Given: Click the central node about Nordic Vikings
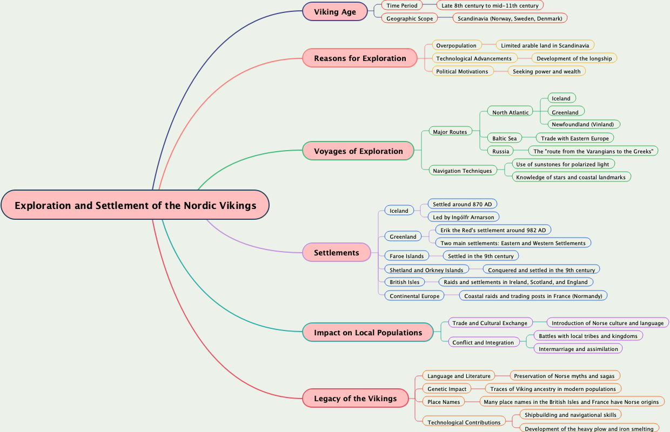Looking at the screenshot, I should pyautogui.click(x=135, y=205).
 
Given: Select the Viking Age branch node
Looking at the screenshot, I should pyautogui.click(x=335, y=12).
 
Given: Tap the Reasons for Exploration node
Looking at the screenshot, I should pyautogui.click(x=360, y=58).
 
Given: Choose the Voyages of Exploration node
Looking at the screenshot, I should pyautogui.click(x=358, y=151).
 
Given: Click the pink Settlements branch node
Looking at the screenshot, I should pyautogui.click(x=336, y=253).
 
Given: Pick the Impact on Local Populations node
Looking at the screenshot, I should pyautogui.click(x=368, y=333).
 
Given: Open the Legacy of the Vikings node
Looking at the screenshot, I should pyautogui.click(x=355, y=399).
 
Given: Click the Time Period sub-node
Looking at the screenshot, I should pyautogui.click(x=402, y=5).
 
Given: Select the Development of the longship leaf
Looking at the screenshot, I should pyautogui.click(x=574, y=58).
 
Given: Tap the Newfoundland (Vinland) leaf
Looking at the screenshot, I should pyautogui.click(x=582, y=124).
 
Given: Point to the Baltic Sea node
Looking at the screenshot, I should pyautogui.click(x=504, y=138).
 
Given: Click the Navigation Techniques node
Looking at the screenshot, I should pyautogui.click(x=462, y=171).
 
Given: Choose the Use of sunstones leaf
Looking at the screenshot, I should pyautogui.click(x=562, y=164).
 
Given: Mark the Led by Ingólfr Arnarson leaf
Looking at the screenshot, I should pyautogui.click(x=463, y=217).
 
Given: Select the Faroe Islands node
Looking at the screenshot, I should pyautogui.click(x=407, y=256).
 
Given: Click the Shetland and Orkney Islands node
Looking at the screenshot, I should pyautogui.click(x=426, y=270).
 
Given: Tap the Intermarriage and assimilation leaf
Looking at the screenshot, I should pyautogui.click(x=578, y=349).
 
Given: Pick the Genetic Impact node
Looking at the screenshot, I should pyautogui.click(x=447, y=389).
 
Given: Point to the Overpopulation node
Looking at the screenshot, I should pyautogui.click(x=457, y=45).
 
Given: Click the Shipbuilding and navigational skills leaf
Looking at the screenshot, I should pyautogui.click(x=570, y=415).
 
